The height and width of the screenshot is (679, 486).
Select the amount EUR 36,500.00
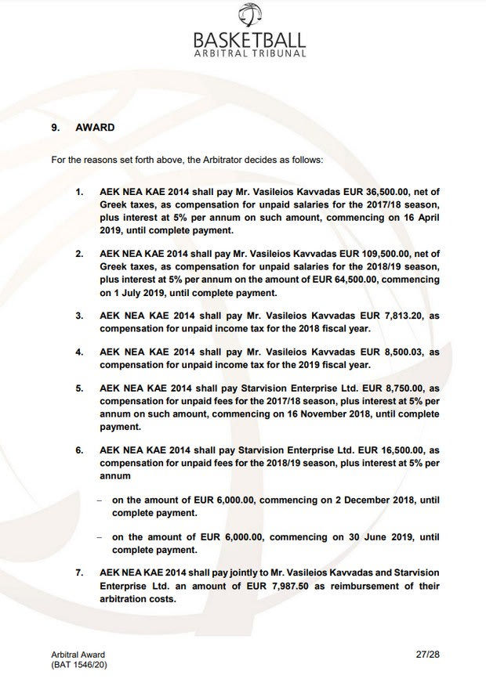click(x=391, y=191)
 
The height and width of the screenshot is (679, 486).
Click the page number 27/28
click(x=428, y=654)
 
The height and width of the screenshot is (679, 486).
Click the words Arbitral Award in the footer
click(x=78, y=655)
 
